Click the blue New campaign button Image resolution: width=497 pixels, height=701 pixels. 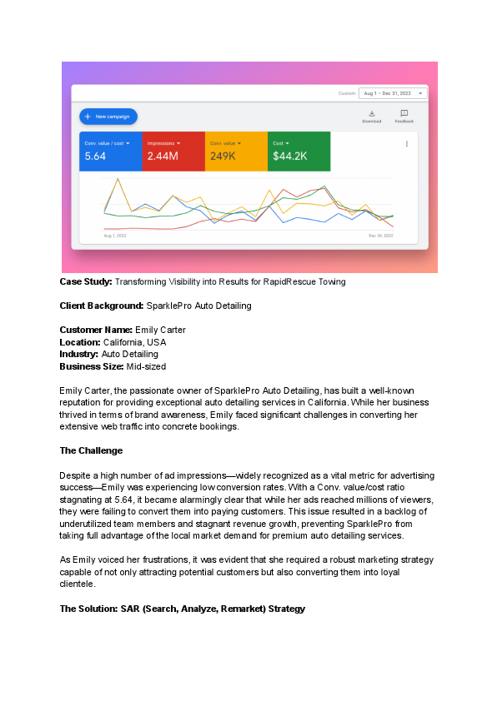point(108,117)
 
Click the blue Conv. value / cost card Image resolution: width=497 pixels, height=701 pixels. point(111,151)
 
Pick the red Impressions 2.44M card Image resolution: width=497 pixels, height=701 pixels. point(173,151)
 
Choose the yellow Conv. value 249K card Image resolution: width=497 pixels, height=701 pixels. point(236,151)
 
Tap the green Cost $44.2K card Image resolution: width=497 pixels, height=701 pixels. point(299,151)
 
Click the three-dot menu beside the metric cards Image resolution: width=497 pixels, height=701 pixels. point(407,144)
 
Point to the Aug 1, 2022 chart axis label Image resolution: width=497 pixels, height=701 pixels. point(114,236)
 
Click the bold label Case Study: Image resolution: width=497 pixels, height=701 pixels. point(86,282)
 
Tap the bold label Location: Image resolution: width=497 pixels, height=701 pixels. point(80,342)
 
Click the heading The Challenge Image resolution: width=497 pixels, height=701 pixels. point(91,450)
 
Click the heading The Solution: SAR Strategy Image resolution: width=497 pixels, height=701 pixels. point(182,609)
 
